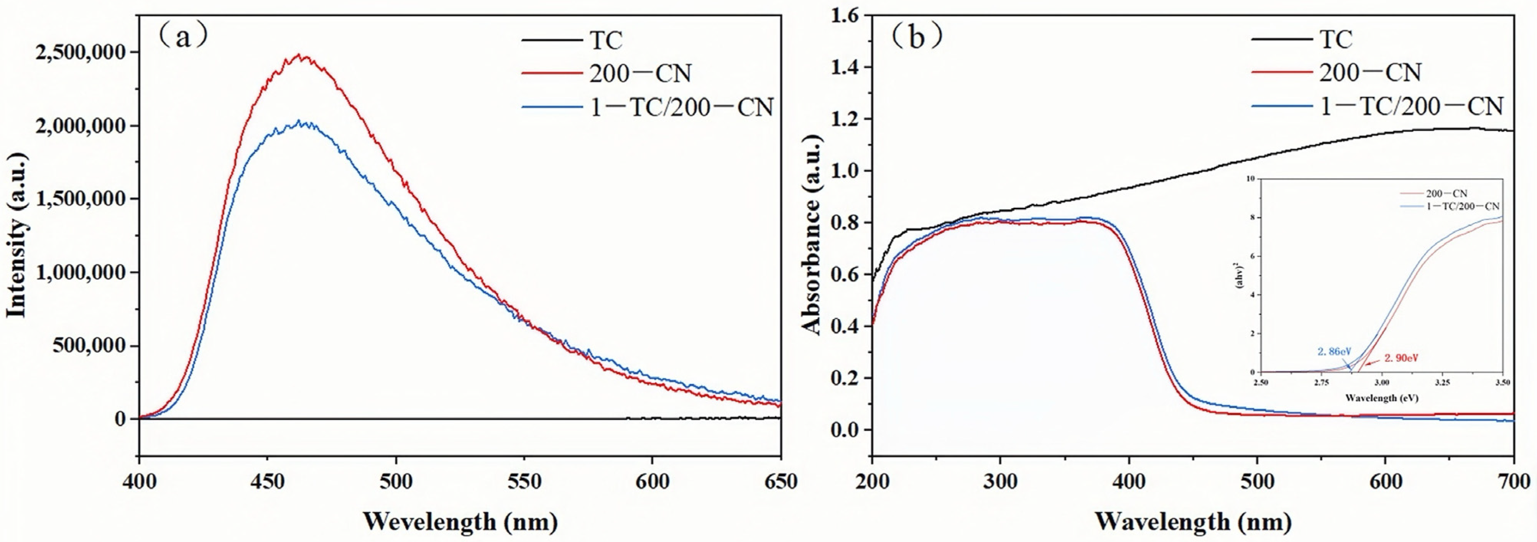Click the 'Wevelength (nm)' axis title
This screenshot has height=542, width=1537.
click(x=460, y=522)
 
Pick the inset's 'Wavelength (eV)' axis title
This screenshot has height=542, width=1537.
click(x=1381, y=398)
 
